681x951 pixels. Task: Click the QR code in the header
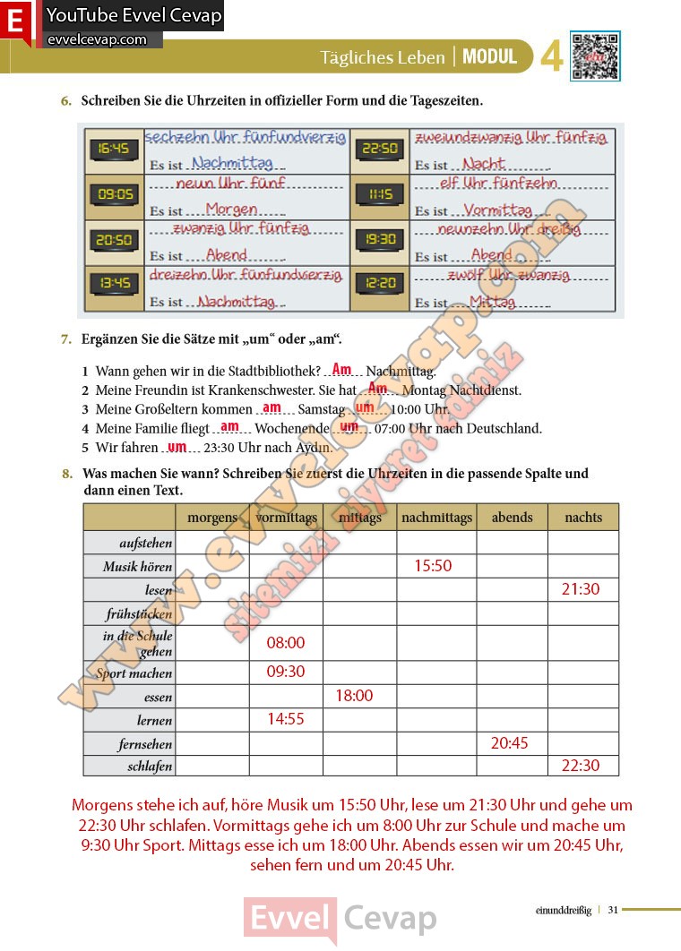(595, 56)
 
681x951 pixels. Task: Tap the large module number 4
(551, 57)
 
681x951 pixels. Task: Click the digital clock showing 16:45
(114, 150)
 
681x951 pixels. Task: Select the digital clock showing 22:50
(380, 150)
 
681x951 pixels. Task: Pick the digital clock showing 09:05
(114, 194)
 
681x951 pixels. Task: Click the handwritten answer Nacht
(484, 164)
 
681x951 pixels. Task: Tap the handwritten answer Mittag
(492, 302)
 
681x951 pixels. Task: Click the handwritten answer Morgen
(231, 210)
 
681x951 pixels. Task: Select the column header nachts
(583, 517)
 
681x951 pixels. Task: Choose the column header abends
(512, 517)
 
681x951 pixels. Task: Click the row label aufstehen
(146, 544)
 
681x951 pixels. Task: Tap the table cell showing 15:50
(433, 566)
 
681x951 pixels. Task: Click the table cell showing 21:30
(581, 589)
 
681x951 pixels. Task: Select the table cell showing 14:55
(286, 718)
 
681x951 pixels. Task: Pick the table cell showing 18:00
(354, 696)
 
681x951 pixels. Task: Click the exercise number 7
(65, 339)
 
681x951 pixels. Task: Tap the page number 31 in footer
(613, 910)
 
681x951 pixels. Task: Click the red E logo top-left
(16, 22)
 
